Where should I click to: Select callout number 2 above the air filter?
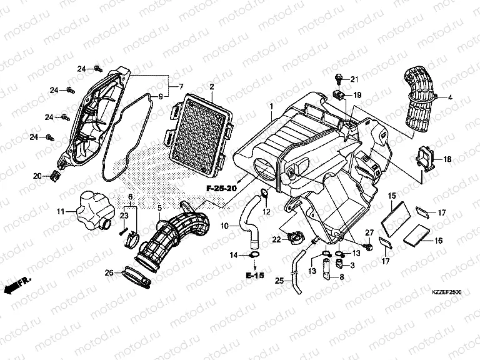[x=212, y=86]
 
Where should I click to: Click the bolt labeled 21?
[x=338, y=78]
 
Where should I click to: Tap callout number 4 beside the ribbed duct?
[x=449, y=97]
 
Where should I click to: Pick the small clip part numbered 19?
[x=339, y=95]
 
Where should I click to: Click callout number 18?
[x=447, y=159]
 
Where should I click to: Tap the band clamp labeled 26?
[x=136, y=276]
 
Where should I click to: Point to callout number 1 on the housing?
[x=271, y=107]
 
